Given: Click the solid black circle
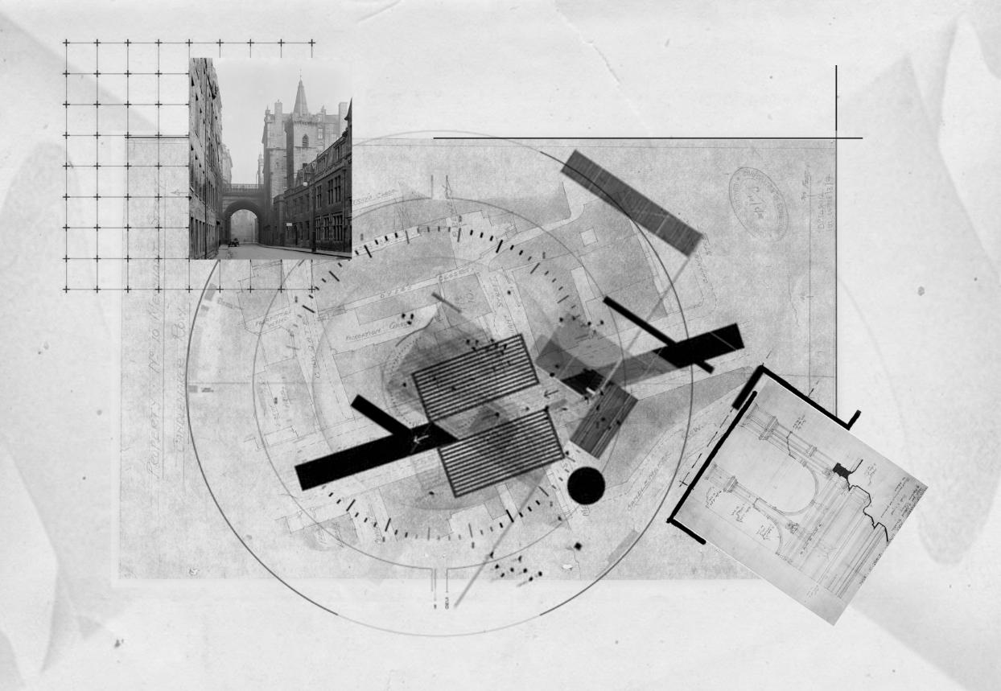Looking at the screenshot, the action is click(586, 486).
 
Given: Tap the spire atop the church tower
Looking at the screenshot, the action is click(301, 97).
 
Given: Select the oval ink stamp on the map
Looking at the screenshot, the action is click(757, 203).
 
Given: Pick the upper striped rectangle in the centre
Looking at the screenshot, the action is click(475, 376).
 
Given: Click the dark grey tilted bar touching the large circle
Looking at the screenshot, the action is click(632, 202).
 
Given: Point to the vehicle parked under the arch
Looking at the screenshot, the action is click(233, 241).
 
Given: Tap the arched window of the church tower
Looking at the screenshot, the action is click(303, 141).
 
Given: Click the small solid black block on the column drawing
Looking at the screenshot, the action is click(842, 470).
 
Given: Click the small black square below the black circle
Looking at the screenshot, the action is click(577, 547).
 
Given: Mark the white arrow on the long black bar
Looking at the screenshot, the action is click(415, 441).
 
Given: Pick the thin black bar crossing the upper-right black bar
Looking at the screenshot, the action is click(657, 334).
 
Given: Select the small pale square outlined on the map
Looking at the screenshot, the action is click(590, 237).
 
